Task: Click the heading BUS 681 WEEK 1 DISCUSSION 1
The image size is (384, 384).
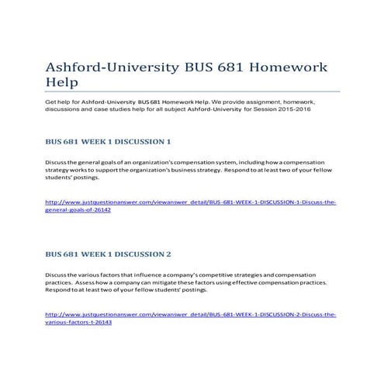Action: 108,142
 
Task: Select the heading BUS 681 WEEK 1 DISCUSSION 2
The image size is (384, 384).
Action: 108,254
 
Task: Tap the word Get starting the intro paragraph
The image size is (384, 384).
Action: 50,102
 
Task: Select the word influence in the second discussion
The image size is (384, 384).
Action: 150,275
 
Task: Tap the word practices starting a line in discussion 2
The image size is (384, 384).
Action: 59,282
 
